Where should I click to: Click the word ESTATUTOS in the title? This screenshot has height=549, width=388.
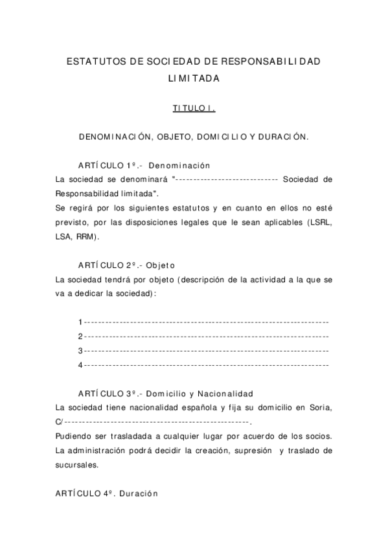coord(95,62)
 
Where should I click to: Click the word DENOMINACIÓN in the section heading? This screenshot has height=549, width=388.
coord(114,138)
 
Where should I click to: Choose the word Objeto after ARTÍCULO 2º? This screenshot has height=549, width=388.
coord(161,265)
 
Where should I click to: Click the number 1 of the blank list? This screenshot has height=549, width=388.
coord(80,322)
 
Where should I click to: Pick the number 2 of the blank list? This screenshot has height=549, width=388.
coord(80,336)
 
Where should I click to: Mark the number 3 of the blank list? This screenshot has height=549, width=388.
coord(80,350)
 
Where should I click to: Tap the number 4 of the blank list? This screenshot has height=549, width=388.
coord(80,364)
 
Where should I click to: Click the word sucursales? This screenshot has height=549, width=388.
coord(78,464)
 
